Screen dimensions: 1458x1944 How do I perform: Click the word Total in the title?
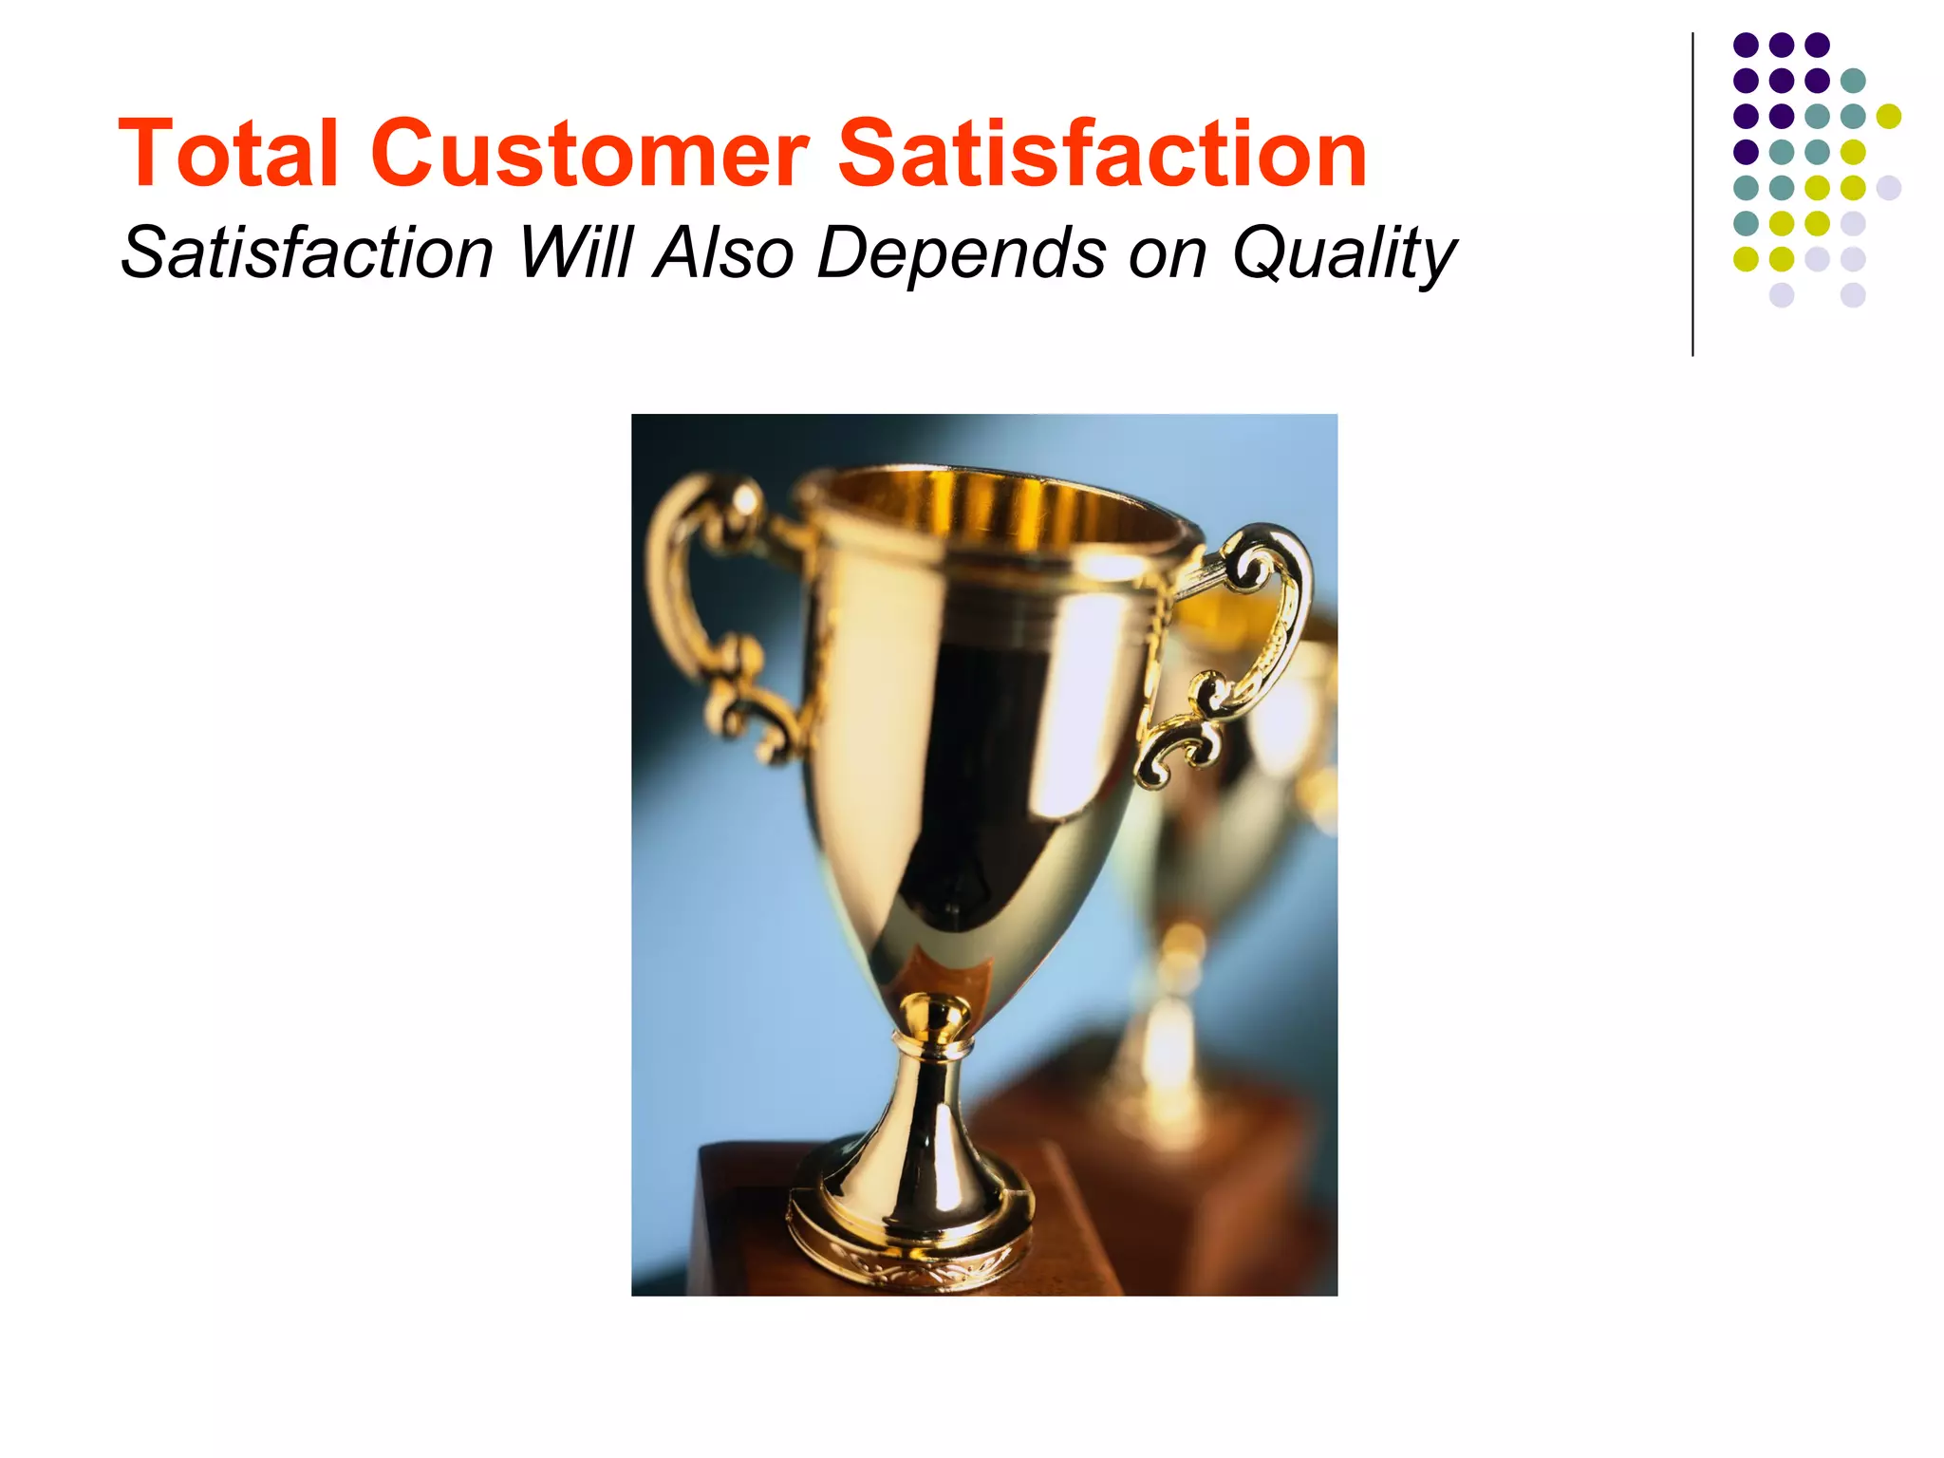(x=228, y=154)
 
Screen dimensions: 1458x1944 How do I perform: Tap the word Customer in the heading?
(x=589, y=154)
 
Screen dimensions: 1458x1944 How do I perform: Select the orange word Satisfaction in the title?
(x=1102, y=154)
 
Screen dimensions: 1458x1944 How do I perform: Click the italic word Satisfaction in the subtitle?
(x=308, y=253)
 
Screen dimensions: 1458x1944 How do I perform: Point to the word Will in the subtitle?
(x=575, y=253)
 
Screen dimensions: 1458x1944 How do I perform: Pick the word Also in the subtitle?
(x=724, y=253)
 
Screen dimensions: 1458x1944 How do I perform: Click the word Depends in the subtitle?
(x=962, y=253)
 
